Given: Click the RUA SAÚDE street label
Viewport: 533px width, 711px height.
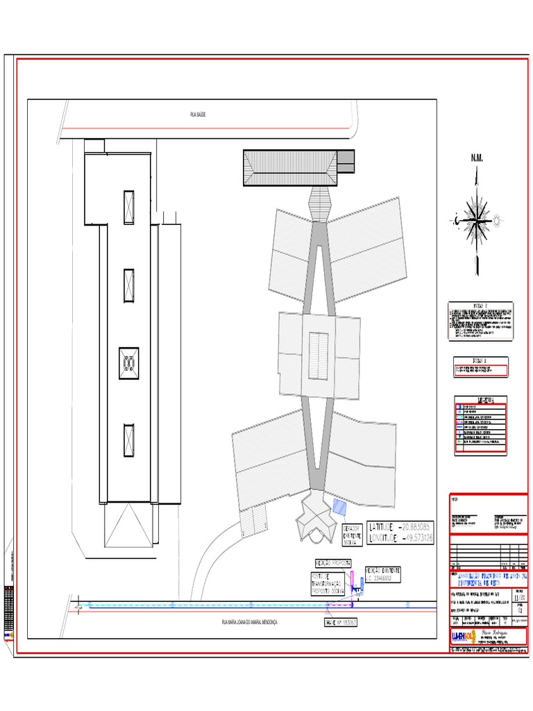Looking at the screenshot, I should coord(198,115).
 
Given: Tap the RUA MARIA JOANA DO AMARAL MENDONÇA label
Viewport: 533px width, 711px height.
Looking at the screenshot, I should coord(248,623).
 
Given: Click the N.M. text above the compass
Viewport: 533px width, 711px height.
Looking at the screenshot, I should coord(477,159).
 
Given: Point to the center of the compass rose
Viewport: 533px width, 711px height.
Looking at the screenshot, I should coord(477,220).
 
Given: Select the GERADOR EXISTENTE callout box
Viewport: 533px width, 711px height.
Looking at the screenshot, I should coord(353,535).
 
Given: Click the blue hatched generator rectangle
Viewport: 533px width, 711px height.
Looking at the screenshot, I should coord(340,507).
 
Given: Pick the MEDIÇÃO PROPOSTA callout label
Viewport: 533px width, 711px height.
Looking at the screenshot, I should coord(333,563).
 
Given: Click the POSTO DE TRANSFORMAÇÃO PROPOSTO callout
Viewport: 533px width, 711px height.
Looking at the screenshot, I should coord(328,584).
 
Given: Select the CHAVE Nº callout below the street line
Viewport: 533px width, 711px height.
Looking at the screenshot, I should coord(341,623).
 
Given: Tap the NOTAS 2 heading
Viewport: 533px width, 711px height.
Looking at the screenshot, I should coord(481,306).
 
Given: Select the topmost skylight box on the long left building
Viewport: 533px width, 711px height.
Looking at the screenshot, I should coord(129,207).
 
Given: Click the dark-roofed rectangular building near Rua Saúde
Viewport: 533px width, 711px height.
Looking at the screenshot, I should coord(290,167).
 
